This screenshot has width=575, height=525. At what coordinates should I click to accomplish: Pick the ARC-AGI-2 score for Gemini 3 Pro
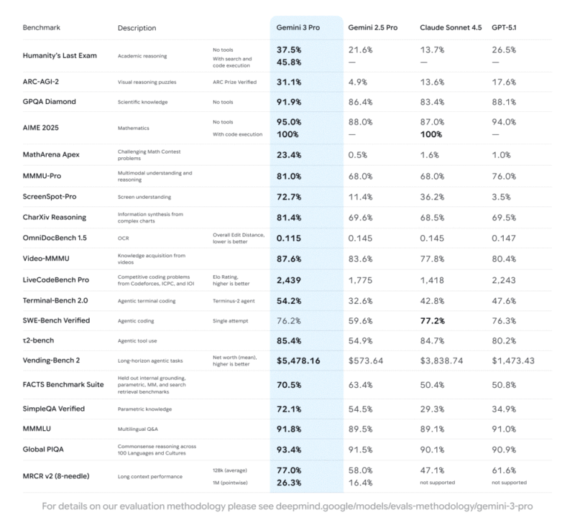tap(290, 82)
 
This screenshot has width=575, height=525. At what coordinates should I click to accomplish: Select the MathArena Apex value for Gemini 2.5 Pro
tap(360, 154)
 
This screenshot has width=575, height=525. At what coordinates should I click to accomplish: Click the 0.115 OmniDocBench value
tap(290, 237)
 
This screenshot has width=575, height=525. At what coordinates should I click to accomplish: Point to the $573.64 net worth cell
tap(368, 361)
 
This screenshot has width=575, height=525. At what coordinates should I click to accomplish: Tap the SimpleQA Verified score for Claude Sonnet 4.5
tap(432, 409)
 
